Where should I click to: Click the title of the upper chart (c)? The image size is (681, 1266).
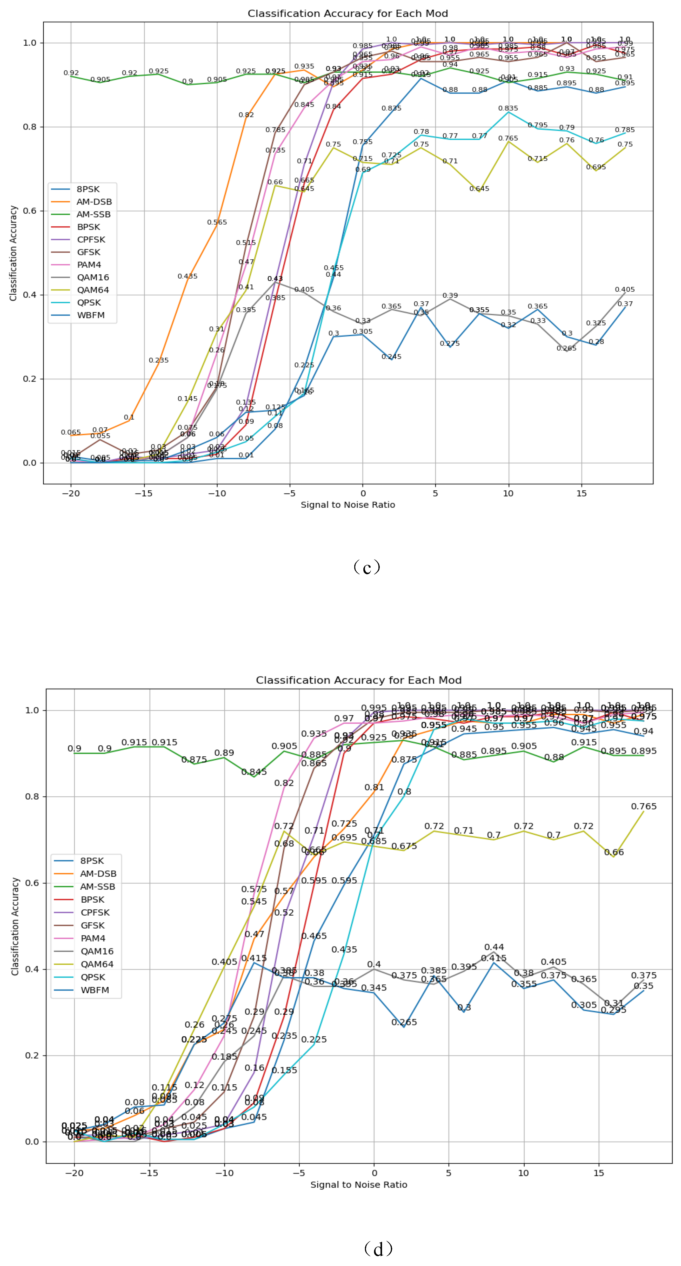coord(348,13)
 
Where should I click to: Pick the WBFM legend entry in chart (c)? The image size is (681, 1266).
coord(90,315)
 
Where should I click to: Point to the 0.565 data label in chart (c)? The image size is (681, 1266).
coord(217,222)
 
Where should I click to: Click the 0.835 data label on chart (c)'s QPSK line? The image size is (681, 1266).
coord(508,108)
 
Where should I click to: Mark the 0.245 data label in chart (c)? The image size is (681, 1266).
coord(391,357)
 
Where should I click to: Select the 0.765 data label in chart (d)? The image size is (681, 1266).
coord(644,807)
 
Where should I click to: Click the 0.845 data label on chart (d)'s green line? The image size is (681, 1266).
coord(254,771)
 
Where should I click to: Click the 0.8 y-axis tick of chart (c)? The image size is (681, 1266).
coord(30,127)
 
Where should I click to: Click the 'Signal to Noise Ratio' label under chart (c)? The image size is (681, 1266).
coord(348,505)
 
